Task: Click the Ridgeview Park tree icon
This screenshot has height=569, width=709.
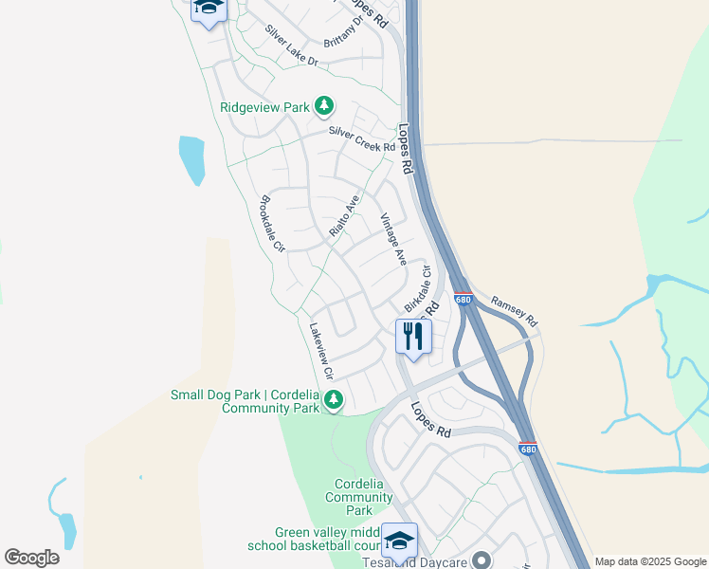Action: [325, 106]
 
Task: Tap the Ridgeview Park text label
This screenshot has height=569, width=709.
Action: [264, 107]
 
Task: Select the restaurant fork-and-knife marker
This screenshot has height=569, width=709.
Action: [413, 338]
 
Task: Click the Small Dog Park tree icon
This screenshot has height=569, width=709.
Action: [333, 401]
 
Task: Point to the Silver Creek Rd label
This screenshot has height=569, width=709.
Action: [361, 141]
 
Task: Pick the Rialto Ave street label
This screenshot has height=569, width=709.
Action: [345, 217]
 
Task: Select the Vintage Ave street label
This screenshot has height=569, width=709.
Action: [393, 239]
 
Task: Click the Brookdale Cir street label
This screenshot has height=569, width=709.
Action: [273, 224]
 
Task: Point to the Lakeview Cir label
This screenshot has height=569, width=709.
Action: [322, 351]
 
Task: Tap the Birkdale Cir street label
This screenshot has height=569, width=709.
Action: [418, 288]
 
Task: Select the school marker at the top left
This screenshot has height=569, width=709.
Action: [209, 9]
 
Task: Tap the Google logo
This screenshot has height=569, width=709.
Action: [31, 558]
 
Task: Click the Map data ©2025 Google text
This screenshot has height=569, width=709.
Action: [650, 561]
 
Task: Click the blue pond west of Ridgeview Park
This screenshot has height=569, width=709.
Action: [191, 159]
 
